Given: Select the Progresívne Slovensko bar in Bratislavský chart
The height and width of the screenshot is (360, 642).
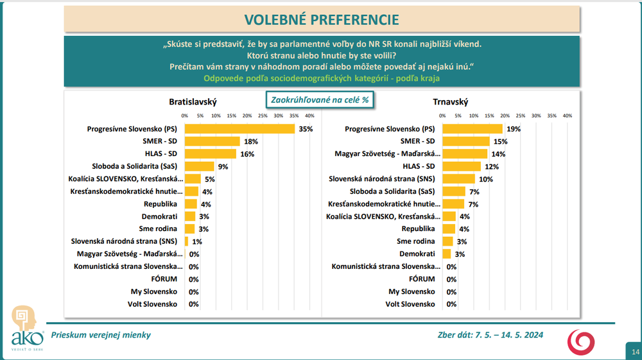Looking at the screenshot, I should point(239,129).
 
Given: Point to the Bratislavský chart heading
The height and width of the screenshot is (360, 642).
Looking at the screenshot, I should point(193,102).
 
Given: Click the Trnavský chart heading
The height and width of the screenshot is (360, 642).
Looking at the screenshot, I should point(450,102).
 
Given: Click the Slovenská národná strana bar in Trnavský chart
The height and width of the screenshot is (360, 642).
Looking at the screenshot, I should point(458,179).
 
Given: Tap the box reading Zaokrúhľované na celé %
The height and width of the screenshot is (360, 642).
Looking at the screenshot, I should point(320,100).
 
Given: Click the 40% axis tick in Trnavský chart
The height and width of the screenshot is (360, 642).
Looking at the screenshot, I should point(568,116).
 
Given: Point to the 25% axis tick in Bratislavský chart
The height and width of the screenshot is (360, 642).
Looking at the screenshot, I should point(263,116).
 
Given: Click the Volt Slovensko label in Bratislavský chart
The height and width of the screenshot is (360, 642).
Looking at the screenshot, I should point(155,304).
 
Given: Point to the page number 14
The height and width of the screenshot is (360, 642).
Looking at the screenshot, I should point(635,352).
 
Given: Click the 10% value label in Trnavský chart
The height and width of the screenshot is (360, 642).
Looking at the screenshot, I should point(485,179).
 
